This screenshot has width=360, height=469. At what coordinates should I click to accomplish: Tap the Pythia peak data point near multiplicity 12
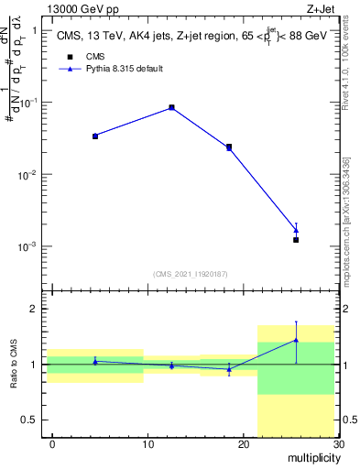[x=171, y=107]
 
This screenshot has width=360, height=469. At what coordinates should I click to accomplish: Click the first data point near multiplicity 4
[x=95, y=136]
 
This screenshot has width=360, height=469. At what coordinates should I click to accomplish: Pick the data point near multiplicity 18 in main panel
[x=229, y=147]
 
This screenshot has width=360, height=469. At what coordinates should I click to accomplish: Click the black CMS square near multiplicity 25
[x=296, y=240]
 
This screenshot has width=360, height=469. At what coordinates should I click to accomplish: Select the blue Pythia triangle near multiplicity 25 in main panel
[x=296, y=230]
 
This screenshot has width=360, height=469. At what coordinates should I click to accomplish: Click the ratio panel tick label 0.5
[x=31, y=420]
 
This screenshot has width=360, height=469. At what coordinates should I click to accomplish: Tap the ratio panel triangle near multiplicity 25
[x=296, y=340]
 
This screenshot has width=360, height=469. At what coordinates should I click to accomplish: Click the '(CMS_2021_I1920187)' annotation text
[x=191, y=273]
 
